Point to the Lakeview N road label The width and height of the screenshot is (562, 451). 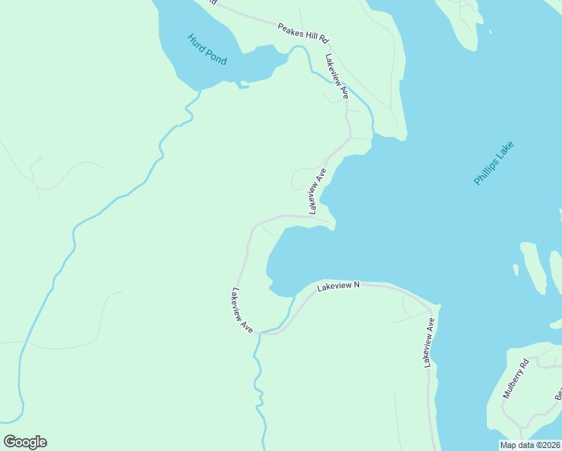[339, 286]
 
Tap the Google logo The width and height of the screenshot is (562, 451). [25, 442]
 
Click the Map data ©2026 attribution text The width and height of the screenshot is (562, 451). [530, 445]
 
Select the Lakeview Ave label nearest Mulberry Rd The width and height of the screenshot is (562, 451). [429, 343]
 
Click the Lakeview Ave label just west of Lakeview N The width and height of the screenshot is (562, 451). [243, 310]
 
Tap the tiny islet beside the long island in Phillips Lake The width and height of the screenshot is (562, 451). [515, 269]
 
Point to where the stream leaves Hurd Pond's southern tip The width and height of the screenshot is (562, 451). [199, 90]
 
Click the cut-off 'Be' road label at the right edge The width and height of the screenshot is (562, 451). [558, 393]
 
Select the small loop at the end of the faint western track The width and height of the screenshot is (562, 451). [39, 159]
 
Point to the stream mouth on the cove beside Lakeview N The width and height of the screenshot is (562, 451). [293, 297]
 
